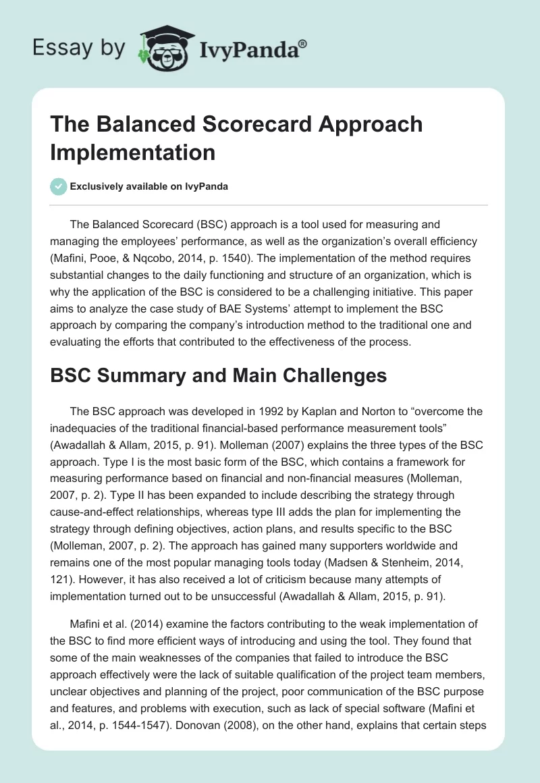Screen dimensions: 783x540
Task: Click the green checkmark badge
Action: (59, 186)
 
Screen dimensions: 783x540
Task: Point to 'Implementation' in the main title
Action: (132, 151)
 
